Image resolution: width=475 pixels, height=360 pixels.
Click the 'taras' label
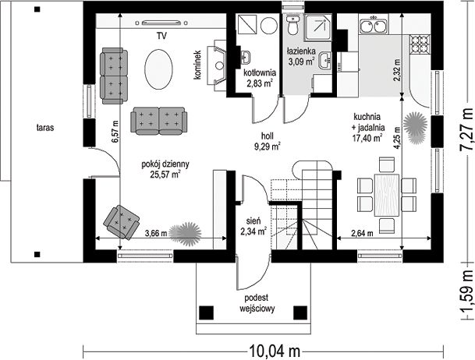(45, 128)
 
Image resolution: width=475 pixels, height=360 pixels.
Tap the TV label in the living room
(161, 37)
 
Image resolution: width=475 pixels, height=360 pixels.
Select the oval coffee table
(159, 69)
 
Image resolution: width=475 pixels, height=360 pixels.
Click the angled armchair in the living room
(121, 222)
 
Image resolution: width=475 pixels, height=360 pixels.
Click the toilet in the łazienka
(293, 25)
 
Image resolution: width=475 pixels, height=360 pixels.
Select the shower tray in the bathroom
(318, 28)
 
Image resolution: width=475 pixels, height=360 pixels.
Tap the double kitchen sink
(374, 26)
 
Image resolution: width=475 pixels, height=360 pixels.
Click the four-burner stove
(420, 44)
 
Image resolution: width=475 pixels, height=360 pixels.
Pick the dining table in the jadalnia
(387, 195)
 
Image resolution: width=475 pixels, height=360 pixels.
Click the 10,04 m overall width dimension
(275, 351)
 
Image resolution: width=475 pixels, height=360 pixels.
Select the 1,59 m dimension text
(467, 292)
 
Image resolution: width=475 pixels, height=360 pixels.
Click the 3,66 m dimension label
(156, 233)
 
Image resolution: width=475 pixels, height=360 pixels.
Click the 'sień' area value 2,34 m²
(253, 231)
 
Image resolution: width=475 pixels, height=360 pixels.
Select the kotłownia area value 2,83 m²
(259, 83)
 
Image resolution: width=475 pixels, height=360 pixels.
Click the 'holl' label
(268, 136)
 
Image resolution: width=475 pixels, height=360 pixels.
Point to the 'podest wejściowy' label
(257, 303)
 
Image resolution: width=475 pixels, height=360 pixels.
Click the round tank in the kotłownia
(269, 26)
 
